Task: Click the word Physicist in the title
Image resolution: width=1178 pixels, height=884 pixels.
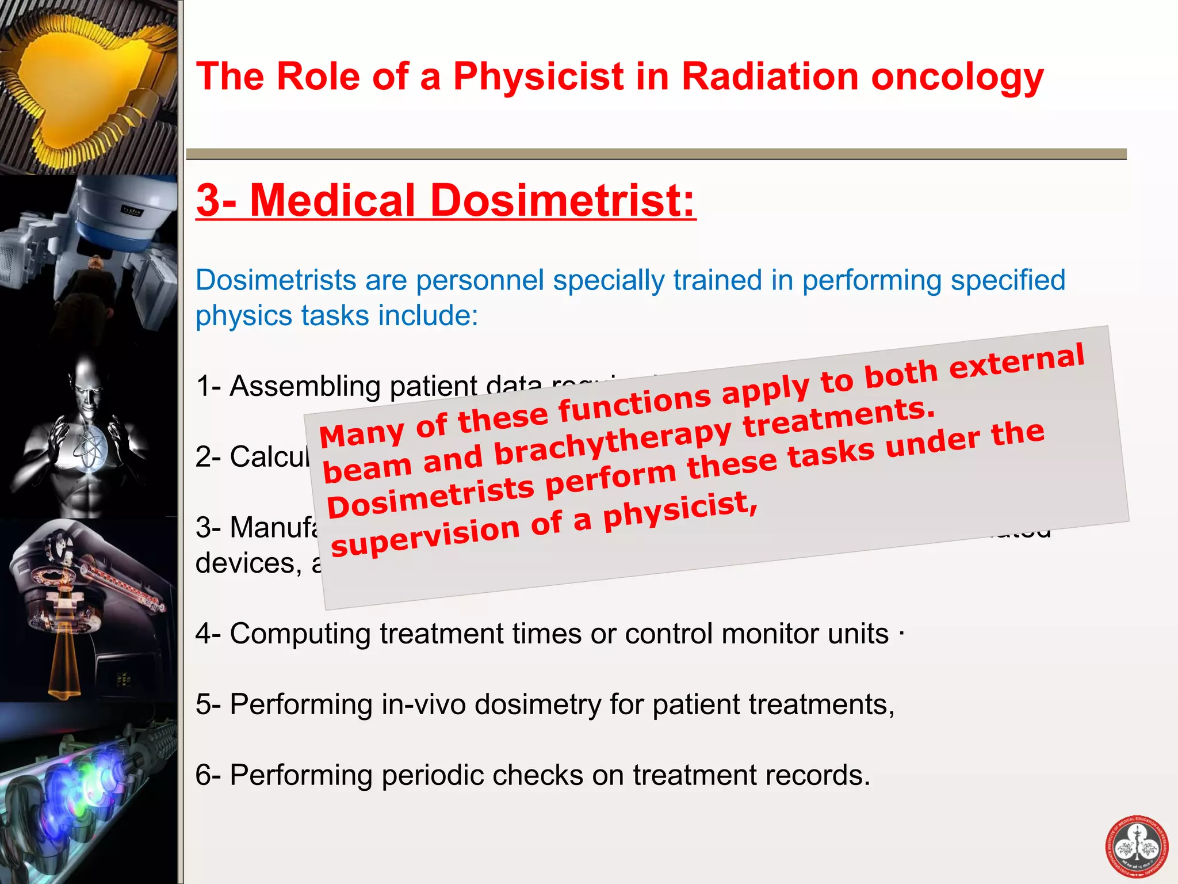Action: point(538,77)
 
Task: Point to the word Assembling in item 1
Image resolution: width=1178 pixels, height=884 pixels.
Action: point(305,387)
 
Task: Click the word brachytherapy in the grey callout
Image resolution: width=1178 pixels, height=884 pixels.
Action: point(612,442)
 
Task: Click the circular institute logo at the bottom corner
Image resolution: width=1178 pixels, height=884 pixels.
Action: point(1137,846)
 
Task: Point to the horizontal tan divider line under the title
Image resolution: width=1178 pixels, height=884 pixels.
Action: point(656,154)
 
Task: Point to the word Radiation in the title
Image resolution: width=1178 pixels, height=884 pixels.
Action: point(771,77)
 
